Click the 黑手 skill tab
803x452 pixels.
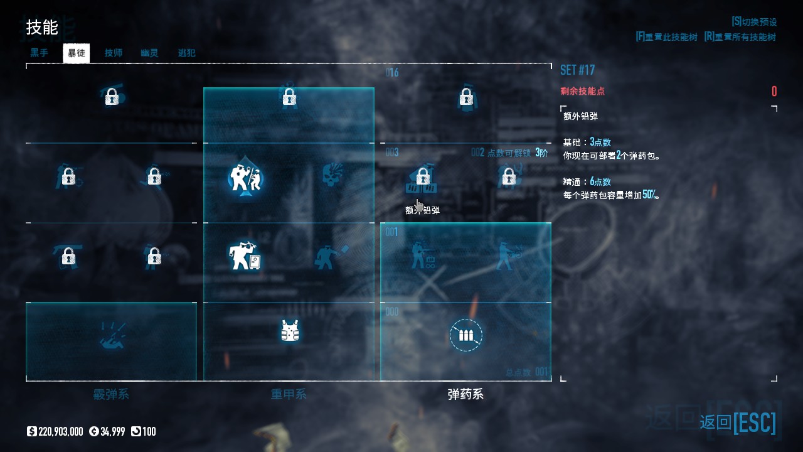point(40,53)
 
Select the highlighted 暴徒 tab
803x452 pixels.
point(77,53)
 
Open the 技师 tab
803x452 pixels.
point(114,53)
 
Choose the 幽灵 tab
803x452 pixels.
point(149,53)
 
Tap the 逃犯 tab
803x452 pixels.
point(186,53)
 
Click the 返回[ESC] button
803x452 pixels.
point(738,422)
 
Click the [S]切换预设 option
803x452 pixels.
point(754,22)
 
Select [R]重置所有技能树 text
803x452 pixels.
point(740,37)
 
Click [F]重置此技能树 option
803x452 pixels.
point(666,37)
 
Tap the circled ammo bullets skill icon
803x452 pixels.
point(466,335)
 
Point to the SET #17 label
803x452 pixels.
point(577,70)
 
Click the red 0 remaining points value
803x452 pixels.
point(774,92)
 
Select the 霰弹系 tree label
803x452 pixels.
point(111,395)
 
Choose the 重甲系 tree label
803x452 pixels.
point(289,395)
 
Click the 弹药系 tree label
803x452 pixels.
point(465,395)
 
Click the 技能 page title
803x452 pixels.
point(42,28)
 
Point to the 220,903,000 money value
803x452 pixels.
point(60,432)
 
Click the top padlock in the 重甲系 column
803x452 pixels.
point(289,97)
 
